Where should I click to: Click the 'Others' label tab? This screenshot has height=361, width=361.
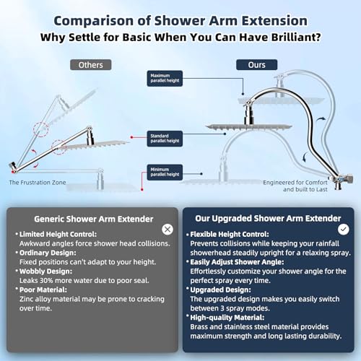coord(91,64)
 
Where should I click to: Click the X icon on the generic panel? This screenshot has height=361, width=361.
coord(168,229)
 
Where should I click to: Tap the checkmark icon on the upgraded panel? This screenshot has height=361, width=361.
coord(344,229)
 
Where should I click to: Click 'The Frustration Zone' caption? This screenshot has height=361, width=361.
coord(38,183)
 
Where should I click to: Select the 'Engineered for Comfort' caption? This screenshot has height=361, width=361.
coord(303,182)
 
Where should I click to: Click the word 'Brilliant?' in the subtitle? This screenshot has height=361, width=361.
coord(297,35)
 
